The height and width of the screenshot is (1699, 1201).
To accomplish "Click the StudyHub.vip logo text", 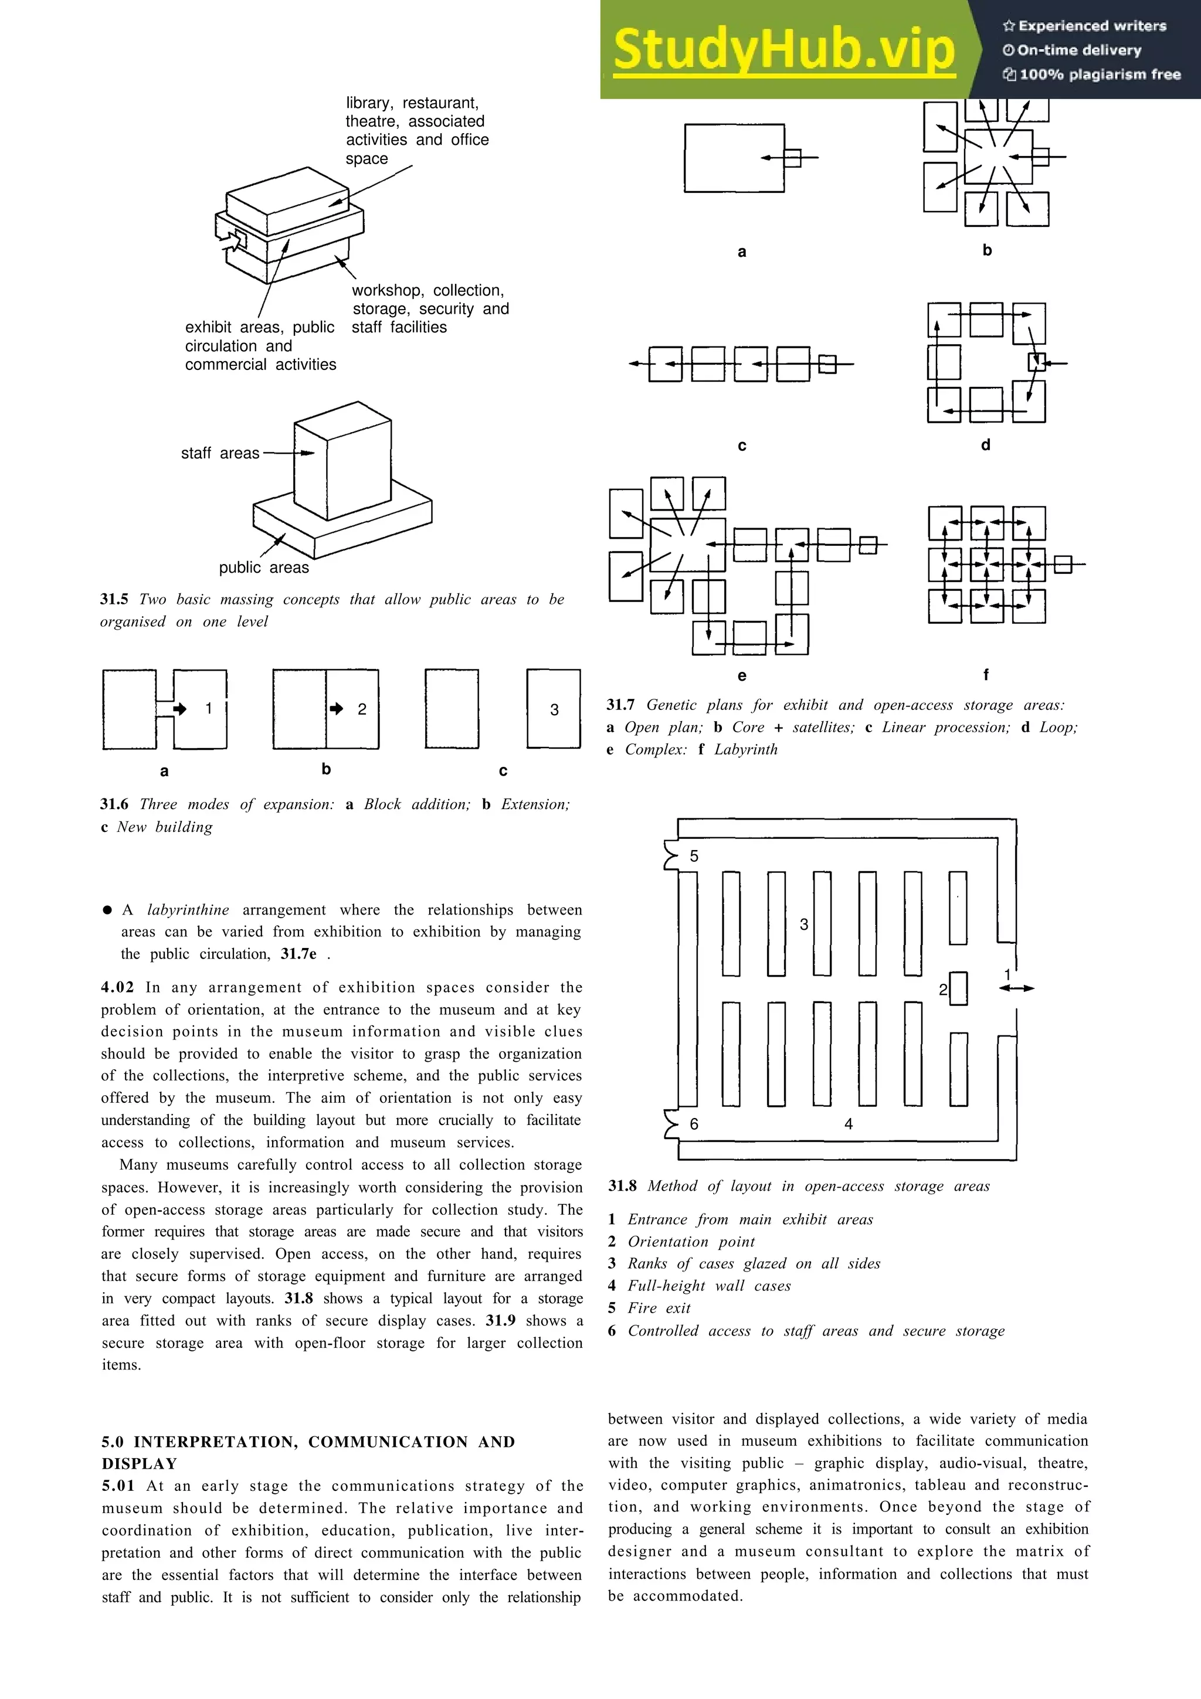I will tap(783, 50).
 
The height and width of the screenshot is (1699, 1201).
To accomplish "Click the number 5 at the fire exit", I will tap(693, 856).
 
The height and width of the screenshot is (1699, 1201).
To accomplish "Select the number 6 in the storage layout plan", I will tap(693, 1124).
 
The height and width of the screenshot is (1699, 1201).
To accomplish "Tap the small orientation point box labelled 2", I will tap(958, 988).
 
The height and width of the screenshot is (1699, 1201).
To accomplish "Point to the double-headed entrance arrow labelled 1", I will tap(1017, 988).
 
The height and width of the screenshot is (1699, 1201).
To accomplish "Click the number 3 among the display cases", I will tap(803, 924).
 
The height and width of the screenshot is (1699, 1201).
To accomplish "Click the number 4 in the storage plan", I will tap(848, 1124).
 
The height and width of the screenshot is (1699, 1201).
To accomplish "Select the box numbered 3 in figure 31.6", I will tap(554, 709).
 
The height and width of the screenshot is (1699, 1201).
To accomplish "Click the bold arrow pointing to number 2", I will tap(337, 709).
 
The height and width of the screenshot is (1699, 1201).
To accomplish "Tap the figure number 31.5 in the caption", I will tap(114, 599).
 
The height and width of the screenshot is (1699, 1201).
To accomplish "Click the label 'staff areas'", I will tap(220, 453).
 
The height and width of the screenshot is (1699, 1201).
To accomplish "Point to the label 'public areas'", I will tap(263, 568).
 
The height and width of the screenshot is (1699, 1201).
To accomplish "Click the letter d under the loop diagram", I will tap(985, 445).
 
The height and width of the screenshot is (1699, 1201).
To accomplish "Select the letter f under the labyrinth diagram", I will tap(985, 674).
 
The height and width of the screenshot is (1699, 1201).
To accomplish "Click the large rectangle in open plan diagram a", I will tap(734, 158).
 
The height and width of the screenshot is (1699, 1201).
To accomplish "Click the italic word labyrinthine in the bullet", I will tap(188, 909).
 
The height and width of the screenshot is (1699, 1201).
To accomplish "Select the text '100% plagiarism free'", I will tap(1100, 74).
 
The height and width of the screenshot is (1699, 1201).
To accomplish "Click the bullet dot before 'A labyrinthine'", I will tap(107, 909).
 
